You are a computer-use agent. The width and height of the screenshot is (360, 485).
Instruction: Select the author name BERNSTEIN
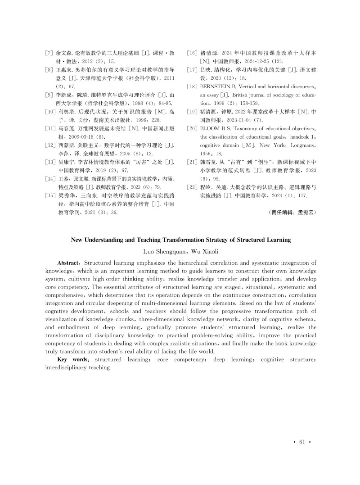218,86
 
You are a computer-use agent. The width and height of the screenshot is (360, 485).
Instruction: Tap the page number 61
302,442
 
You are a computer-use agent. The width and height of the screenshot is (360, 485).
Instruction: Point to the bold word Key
63,360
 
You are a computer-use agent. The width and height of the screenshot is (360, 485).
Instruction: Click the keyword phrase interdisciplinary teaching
77,368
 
